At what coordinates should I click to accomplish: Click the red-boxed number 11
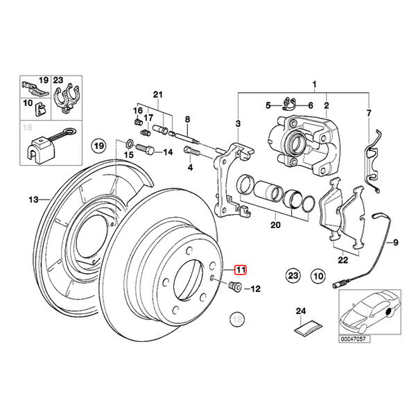point(240,270)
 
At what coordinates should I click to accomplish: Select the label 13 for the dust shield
point(33,200)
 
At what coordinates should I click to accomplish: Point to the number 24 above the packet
point(300,311)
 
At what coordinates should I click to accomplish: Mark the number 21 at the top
point(157,94)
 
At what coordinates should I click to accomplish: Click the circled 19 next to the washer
point(99,146)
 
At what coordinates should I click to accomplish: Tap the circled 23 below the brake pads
point(293,276)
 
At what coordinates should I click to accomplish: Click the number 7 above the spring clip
point(369,112)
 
